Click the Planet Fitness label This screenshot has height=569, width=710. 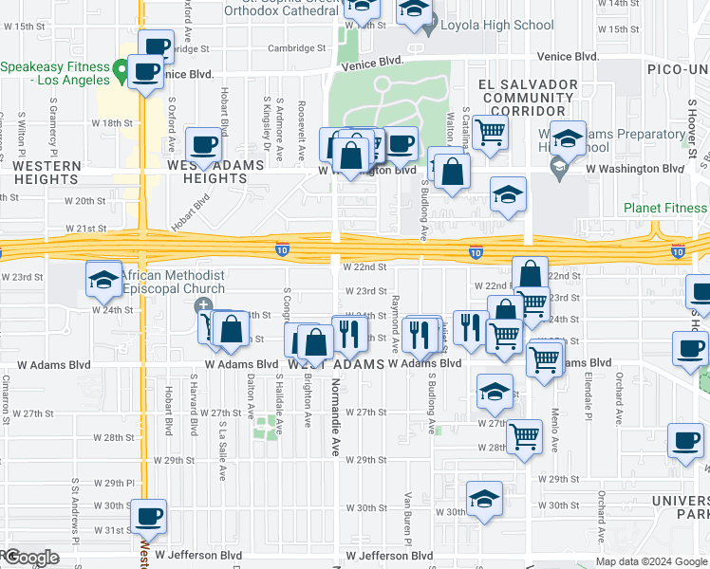665,209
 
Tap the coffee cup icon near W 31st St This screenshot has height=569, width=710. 147,518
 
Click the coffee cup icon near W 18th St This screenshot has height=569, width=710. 204,146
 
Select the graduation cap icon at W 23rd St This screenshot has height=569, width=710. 103,280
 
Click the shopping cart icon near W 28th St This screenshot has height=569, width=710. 525,437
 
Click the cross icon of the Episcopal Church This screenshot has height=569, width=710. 203,306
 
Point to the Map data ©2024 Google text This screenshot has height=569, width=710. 651,561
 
